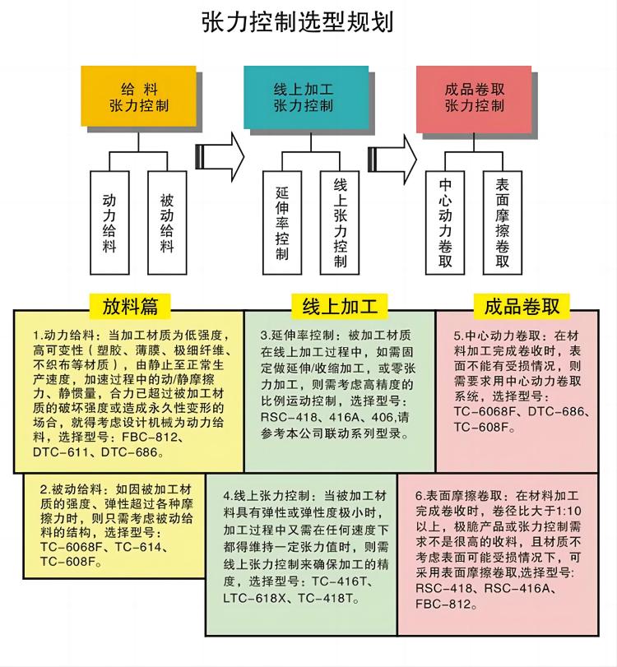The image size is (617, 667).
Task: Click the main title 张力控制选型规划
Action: coord(297,21)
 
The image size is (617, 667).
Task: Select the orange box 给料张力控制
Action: coord(139,96)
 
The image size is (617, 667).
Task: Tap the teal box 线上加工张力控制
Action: coord(306,97)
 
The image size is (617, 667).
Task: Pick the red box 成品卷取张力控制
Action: coord(474,99)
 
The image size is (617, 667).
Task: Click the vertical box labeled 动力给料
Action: coord(109,223)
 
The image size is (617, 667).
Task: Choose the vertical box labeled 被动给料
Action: coord(167,223)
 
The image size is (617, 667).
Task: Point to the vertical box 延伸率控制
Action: coord(282,223)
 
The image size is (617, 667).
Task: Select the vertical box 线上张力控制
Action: coord(340,223)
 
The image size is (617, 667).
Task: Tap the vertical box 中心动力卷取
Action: coord(445,223)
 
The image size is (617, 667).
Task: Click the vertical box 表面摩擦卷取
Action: coord(503,223)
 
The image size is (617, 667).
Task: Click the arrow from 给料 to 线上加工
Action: coord(220,156)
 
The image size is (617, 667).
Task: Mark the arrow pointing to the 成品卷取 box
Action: coord(392,159)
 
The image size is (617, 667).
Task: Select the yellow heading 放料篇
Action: coord(130,306)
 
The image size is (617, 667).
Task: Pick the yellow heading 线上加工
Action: coord(340,306)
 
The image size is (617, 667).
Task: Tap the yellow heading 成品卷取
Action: coord(522,306)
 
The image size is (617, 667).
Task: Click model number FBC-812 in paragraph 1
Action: coord(146,438)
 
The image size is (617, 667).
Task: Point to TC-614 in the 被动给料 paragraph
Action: coord(138,547)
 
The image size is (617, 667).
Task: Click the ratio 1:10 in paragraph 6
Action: coord(568,511)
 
